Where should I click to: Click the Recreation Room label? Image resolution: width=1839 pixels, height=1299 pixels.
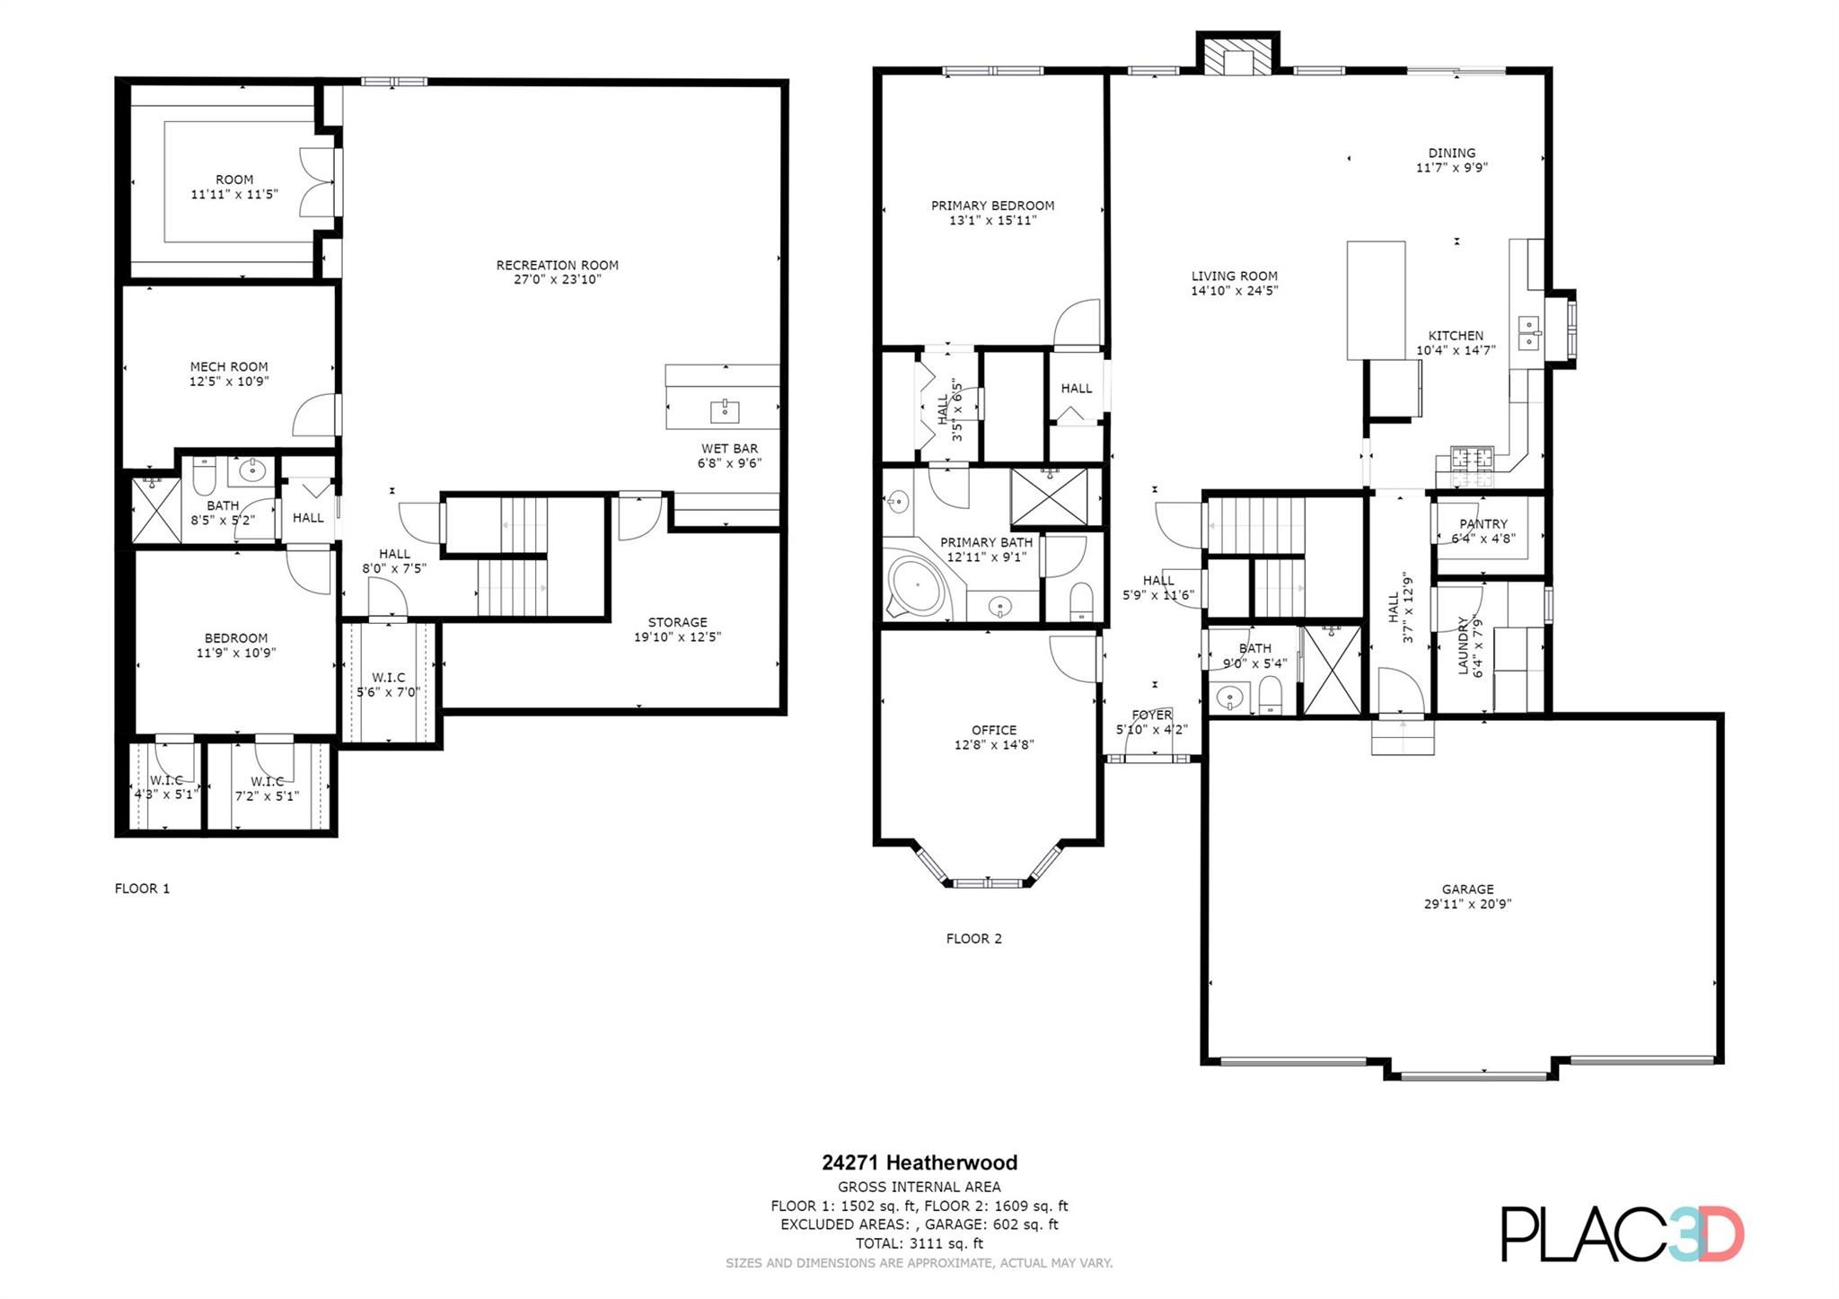point(557,266)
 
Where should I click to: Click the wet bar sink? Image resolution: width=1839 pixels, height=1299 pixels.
point(724,411)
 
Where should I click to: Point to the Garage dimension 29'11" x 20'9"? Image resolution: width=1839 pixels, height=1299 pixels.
point(1467,904)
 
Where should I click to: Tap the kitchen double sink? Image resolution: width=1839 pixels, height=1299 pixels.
point(1528,332)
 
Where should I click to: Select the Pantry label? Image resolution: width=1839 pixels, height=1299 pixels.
point(1483,524)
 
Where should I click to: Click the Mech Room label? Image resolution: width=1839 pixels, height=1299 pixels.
point(229,366)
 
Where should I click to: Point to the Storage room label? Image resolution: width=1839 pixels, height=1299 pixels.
point(677,622)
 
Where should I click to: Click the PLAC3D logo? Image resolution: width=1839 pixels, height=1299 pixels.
point(1622,1234)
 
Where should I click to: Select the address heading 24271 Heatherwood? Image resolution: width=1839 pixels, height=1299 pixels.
point(919,1163)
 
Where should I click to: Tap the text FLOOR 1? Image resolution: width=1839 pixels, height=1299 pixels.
point(142,889)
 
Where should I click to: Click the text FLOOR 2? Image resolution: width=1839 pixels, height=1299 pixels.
point(973,939)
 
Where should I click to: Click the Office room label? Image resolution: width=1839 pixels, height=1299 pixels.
point(993,730)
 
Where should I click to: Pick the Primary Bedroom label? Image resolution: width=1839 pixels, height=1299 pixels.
point(992,206)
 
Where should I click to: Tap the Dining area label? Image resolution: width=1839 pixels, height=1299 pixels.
point(1451,153)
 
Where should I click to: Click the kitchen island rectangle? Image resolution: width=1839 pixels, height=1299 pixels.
point(1376,299)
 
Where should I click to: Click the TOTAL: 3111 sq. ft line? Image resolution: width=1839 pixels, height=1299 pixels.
point(919,1243)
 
